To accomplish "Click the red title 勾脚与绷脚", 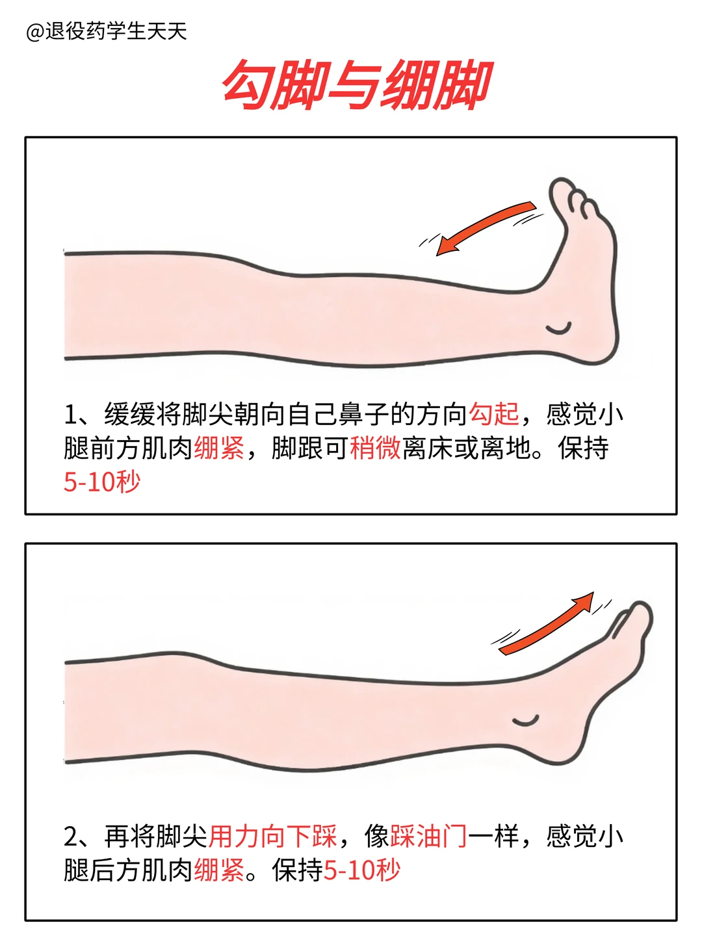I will (x=356, y=85).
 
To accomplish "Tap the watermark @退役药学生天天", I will (x=106, y=31).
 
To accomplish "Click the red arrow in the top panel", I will (x=484, y=227).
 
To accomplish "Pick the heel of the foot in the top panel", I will (x=601, y=344).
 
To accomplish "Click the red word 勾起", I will (x=494, y=414).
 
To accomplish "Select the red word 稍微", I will (x=375, y=448).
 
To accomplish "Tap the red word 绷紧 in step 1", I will (x=219, y=448).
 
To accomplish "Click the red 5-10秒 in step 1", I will (x=102, y=482).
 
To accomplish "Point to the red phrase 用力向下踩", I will (x=272, y=836).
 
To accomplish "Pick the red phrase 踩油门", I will (x=428, y=836).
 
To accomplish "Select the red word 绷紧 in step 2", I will (x=219, y=870).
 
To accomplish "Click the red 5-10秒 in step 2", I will (x=362, y=870).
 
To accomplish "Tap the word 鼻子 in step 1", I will (x=363, y=414).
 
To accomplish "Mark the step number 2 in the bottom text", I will (x=71, y=837).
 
